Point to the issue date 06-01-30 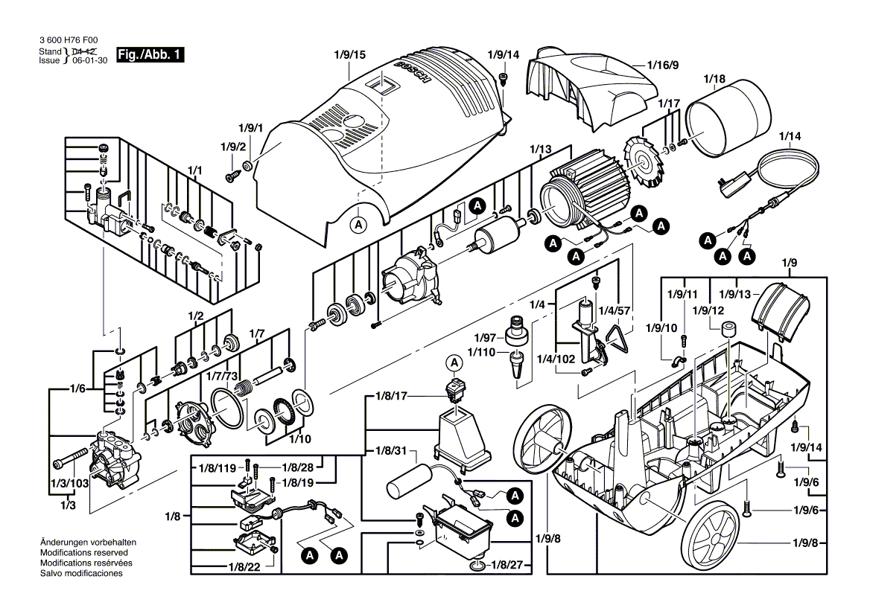click(x=89, y=61)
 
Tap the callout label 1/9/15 click(x=350, y=55)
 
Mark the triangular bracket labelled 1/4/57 click(x=618, y=339)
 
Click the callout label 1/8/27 click(x=513, y=566)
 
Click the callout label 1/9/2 click(x=232, y=145)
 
